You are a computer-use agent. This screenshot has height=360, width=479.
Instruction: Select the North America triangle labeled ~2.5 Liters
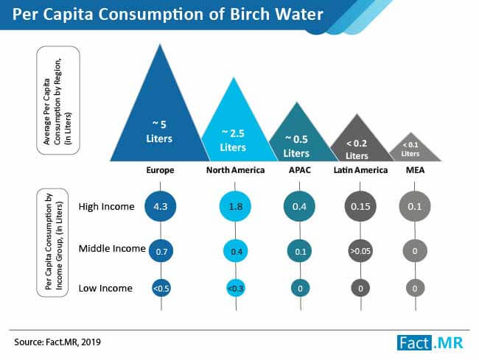[x=234, y=136]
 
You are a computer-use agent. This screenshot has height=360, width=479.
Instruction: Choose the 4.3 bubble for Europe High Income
[x=160, y=207]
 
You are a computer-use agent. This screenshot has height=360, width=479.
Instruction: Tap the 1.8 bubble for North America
[x=234, y=207]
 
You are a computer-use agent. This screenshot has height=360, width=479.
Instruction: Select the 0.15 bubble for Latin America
[x=359, y=207]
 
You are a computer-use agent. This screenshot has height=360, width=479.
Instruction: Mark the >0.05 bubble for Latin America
[x=359, y=252]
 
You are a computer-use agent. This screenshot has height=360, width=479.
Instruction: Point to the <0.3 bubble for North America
[x=234, y=288]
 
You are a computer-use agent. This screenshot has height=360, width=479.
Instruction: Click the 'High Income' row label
[x=107, y=207]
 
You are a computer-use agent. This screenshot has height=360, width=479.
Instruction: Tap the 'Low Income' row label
[x=106, y=288]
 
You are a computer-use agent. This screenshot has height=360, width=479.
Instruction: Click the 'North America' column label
[x=234, y=171]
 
